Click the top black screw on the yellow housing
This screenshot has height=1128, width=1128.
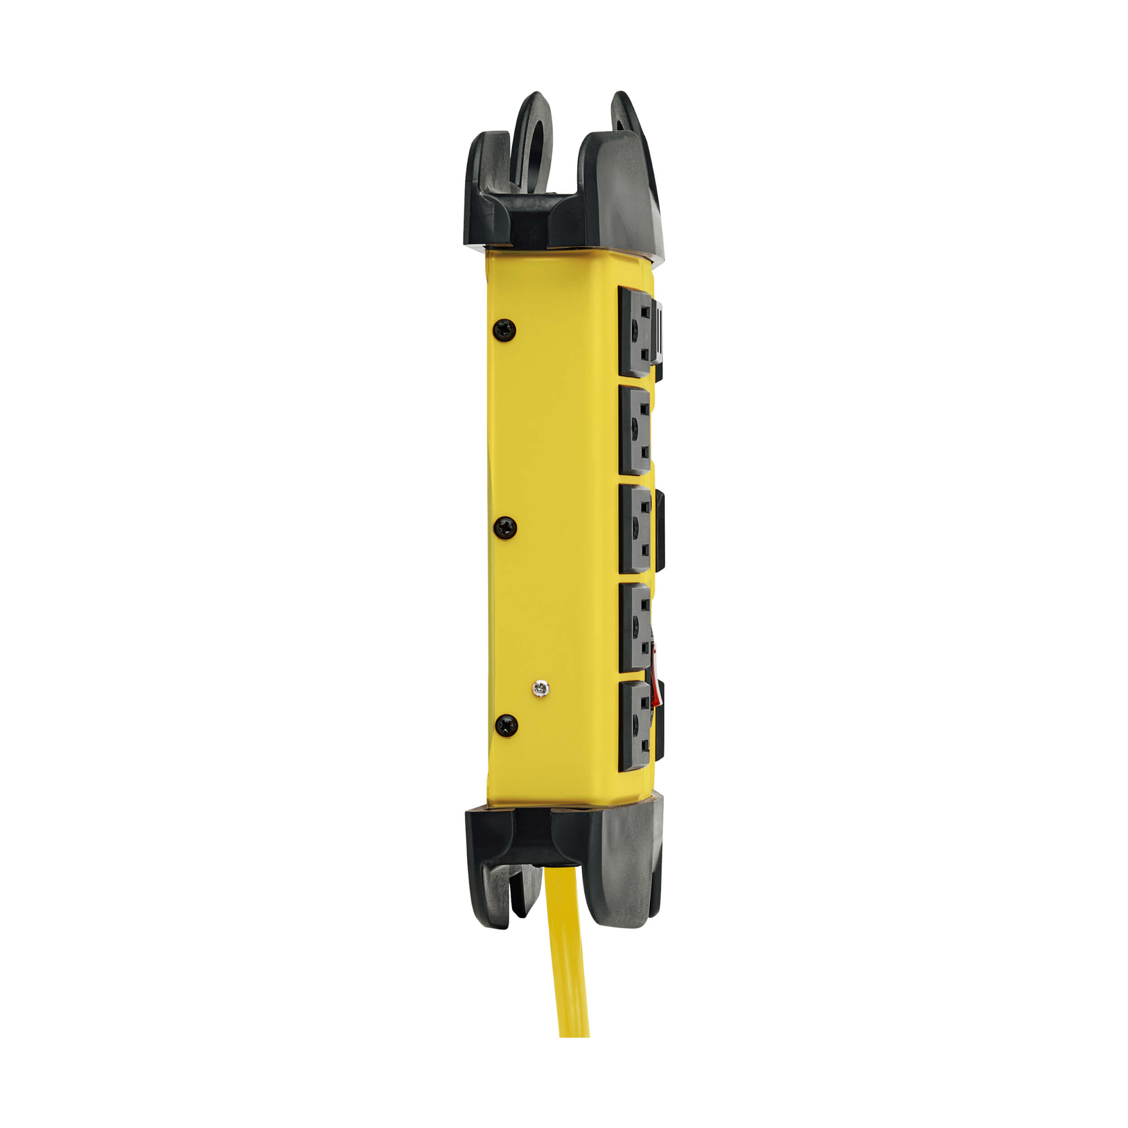[x=504, y=330]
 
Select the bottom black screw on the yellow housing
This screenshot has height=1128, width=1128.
[x=506, y=726]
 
